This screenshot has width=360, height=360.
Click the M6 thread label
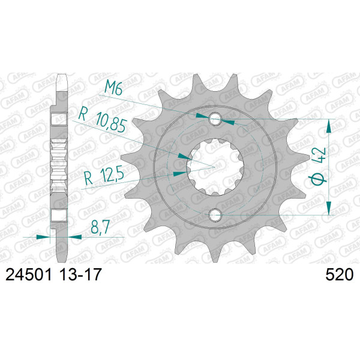pos(113,88)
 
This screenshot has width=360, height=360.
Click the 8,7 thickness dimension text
pos(100,227)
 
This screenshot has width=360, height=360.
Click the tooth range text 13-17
pos(80,275)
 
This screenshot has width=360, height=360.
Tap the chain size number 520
pos(340,275)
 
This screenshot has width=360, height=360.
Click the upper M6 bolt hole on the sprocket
pos(215,119)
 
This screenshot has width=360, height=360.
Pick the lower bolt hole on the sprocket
pos(215,215)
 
